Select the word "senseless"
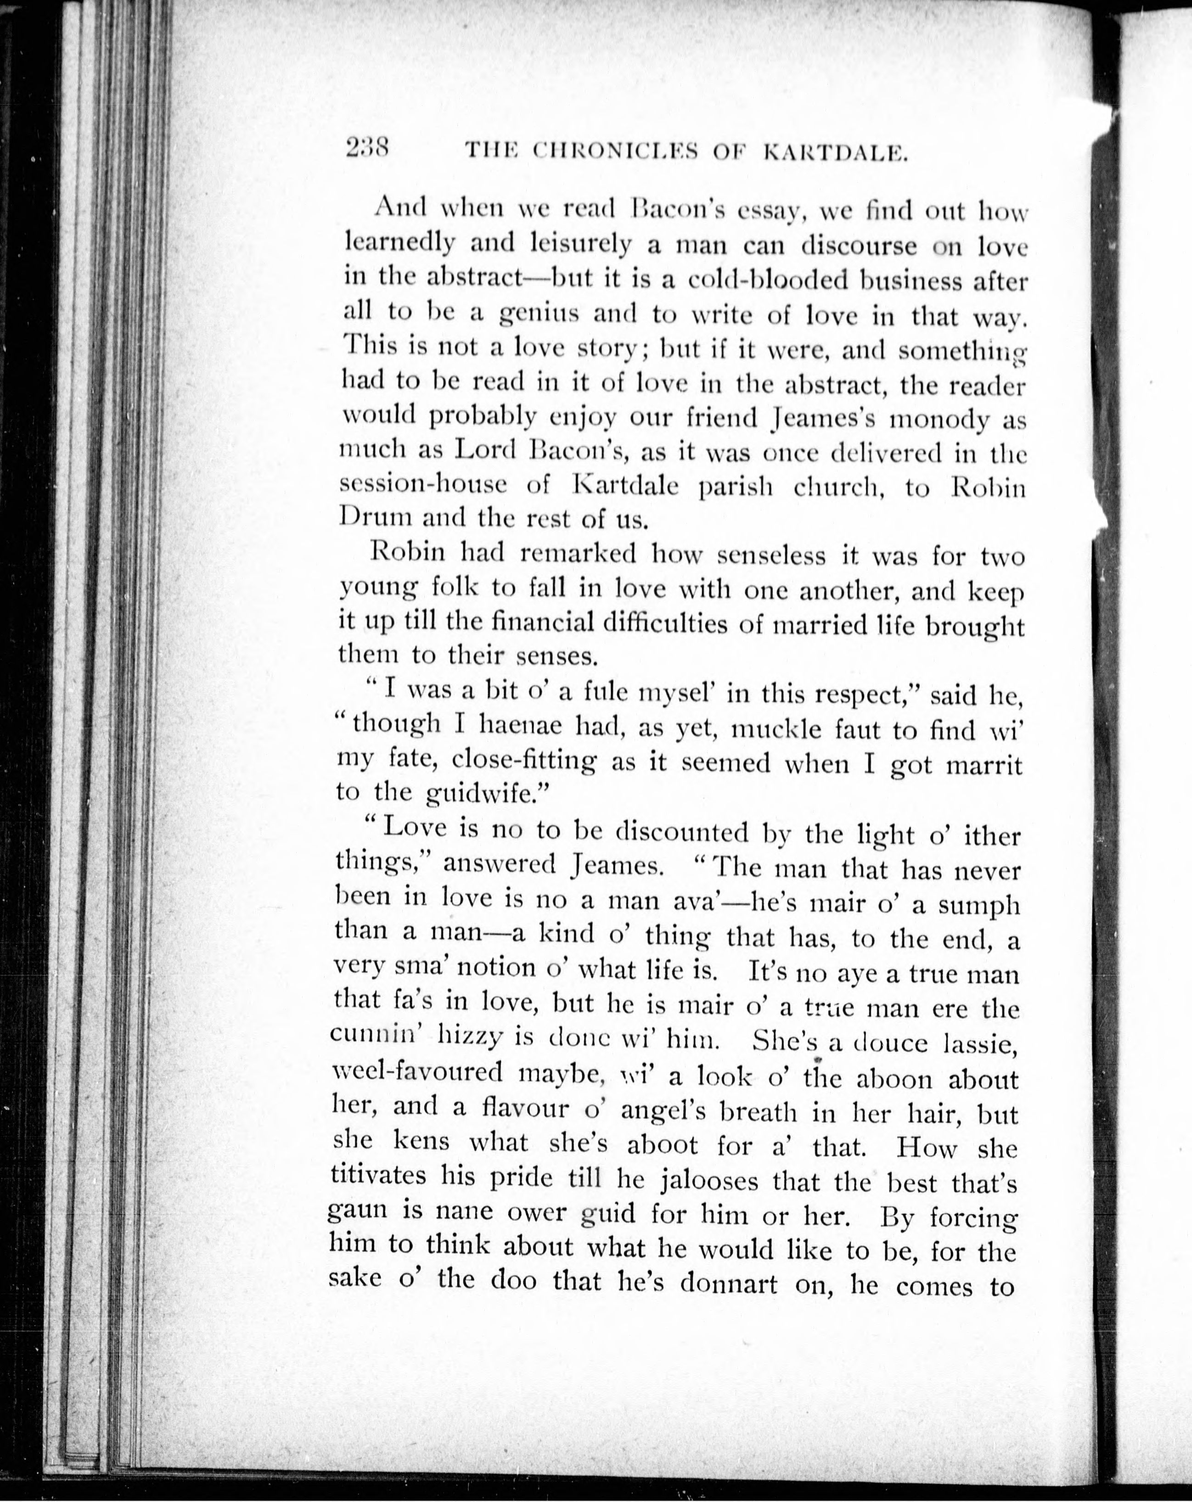tap(771, 555)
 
